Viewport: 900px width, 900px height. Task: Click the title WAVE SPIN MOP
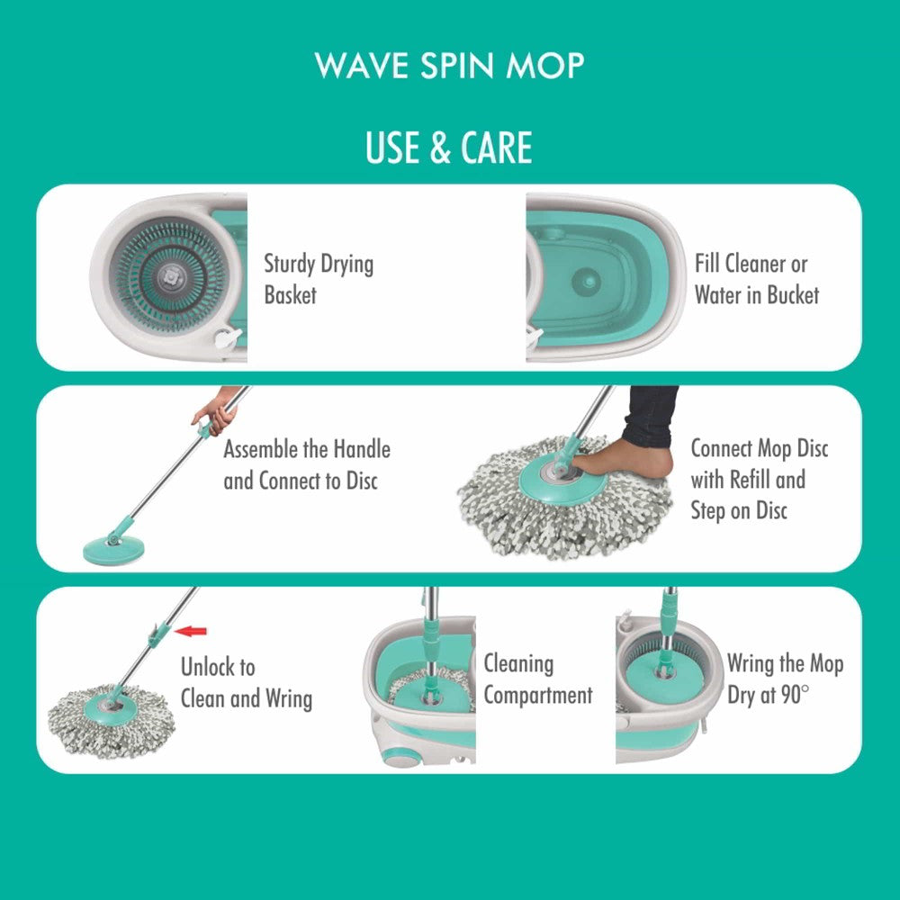pos(449,66)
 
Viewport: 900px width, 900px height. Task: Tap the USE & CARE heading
pos(449,148)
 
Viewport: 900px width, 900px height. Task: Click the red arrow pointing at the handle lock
pos(191,632)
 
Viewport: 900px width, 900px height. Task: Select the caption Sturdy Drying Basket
pos(319,279)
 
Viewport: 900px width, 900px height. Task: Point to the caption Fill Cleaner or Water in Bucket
pos(757,279)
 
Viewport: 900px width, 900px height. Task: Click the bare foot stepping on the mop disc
pos(625,460)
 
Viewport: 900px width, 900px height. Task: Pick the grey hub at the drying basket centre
pos(170,276)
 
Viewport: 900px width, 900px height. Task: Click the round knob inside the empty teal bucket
pos(586,281)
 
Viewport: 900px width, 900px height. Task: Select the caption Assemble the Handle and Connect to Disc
pos(307,465)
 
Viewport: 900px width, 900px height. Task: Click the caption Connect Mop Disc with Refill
pos(760,463)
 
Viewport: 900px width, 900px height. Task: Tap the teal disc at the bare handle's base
pos(113,550)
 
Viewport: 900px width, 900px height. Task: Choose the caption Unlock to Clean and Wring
pos(247,683)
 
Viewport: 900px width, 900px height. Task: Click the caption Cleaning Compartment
pos(538,679)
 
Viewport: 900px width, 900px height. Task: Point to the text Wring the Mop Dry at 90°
pos(785,679)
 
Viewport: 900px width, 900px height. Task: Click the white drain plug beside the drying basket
pos(228,337)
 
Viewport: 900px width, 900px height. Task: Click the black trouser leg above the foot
pos(651,416)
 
